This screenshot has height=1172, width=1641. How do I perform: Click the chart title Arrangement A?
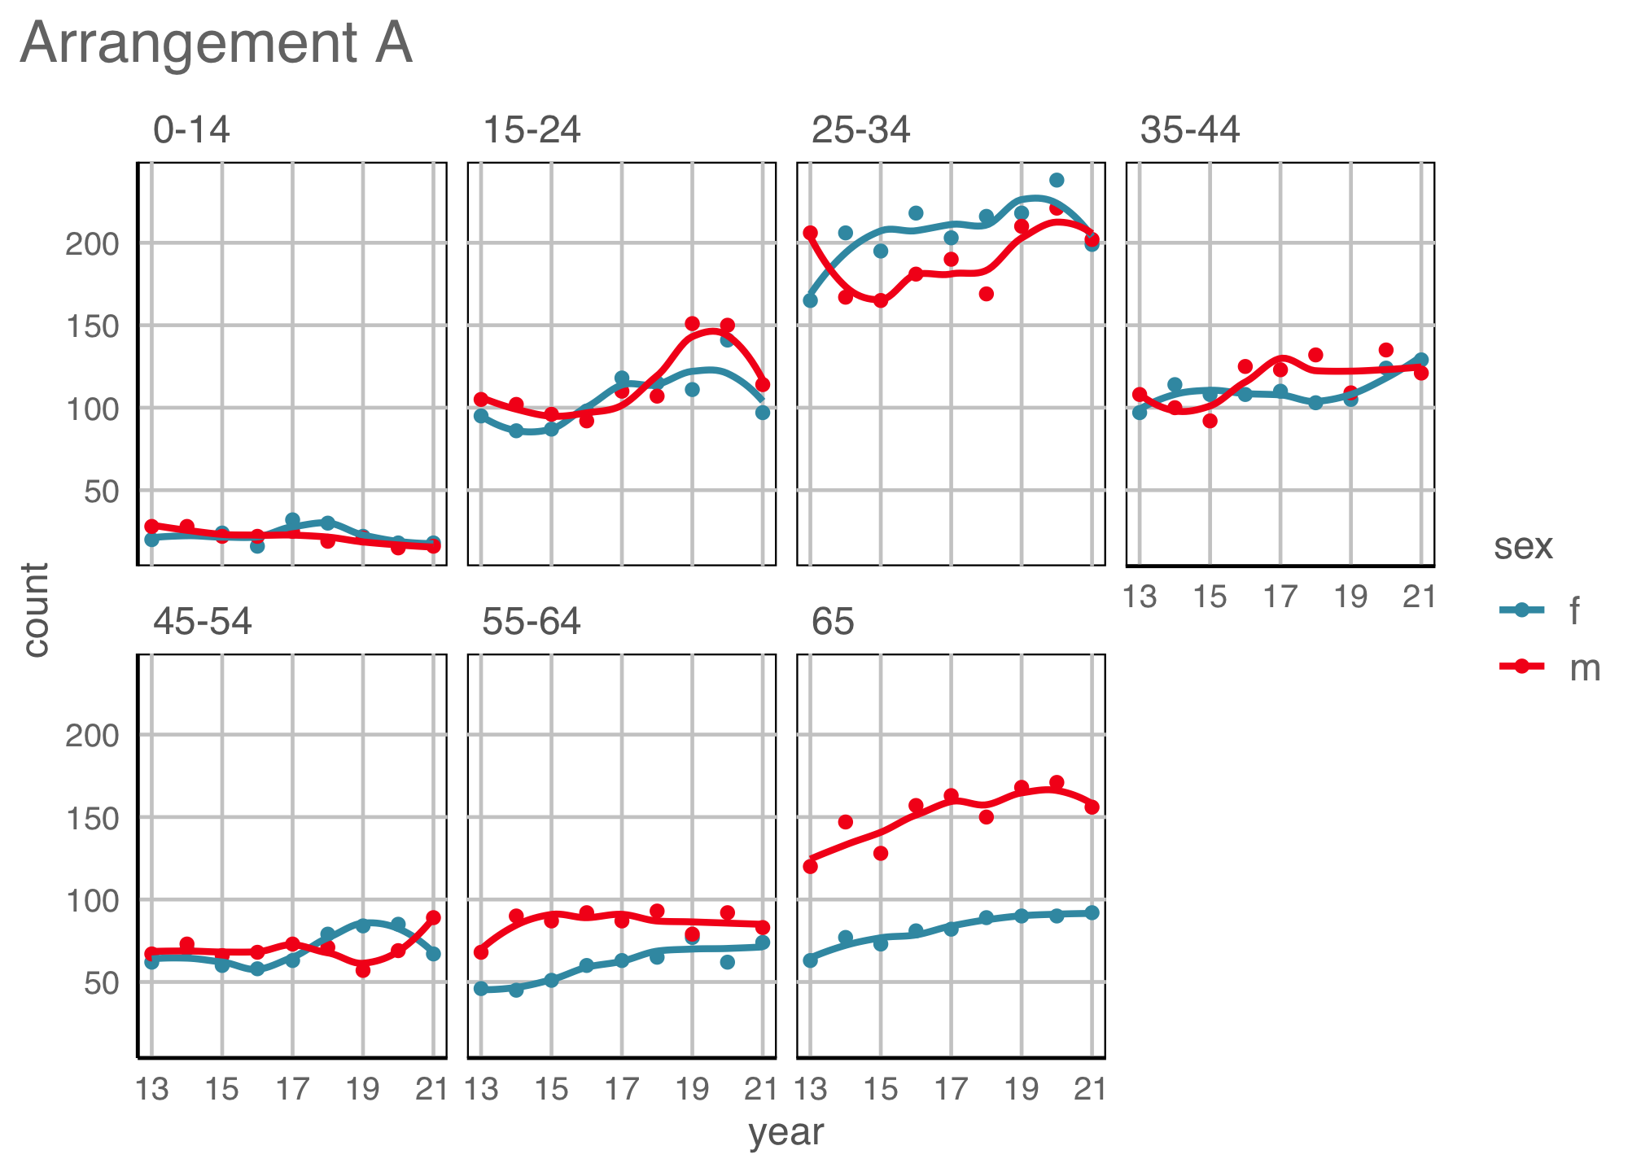coord(217,43)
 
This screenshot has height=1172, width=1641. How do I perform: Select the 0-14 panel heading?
coord(192,130)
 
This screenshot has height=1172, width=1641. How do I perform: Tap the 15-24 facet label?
coord(532,130)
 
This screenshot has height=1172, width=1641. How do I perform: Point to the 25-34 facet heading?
coord(860,130)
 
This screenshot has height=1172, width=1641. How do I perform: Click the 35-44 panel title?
coord(1190,130)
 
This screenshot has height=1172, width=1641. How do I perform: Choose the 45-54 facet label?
coord(203,622)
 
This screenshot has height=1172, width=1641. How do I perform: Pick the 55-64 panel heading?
coord(532,622)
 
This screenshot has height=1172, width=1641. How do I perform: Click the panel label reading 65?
coord(832,622)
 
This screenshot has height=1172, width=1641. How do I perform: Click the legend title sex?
coord(1523,546)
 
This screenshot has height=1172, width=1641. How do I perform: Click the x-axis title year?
coord(785,1132)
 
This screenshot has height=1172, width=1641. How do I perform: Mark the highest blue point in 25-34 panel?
coord(1057,180)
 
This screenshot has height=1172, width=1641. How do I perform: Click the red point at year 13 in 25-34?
coord(810,233)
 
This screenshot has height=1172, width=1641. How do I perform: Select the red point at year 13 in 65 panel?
coord(810,866)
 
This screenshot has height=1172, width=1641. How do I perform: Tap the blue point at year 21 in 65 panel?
coord(1092,913)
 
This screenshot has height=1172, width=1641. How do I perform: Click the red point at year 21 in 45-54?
coord(433,917)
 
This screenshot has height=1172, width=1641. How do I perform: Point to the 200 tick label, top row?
coord(91,243)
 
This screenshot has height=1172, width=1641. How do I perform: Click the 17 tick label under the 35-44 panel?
coord(1280,597)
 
